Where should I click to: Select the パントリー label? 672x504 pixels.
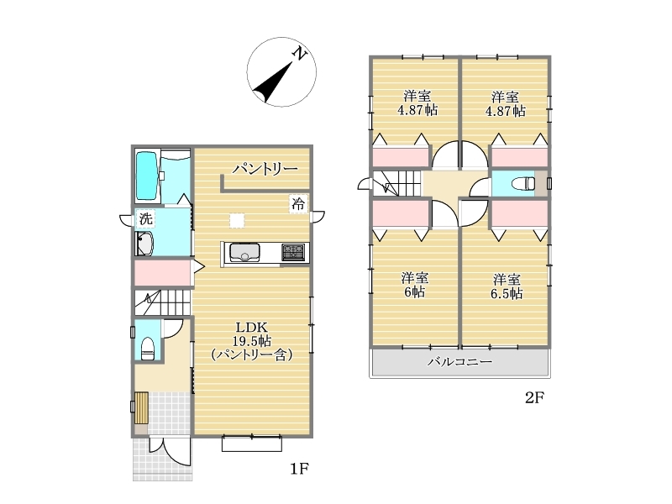click(265, 169)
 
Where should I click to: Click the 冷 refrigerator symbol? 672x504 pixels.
click(298, 203)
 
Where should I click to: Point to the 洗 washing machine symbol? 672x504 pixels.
click(145, 218)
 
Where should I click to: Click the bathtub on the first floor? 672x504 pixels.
click(147, 176)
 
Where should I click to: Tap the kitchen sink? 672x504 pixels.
click(244, 252)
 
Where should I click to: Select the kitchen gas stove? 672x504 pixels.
click(293, 251)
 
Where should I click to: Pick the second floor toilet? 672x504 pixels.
click(523, 183)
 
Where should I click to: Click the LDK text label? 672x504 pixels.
click(252, 328)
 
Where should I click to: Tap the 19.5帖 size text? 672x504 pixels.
click(251, 341)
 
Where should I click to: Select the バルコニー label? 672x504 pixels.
click(459, 362)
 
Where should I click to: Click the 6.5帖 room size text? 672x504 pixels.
click(507, 294)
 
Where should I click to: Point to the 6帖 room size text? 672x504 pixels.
click(414, 291)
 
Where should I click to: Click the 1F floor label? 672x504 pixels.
click(300, 469)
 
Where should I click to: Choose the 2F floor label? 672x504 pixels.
click(534, 397)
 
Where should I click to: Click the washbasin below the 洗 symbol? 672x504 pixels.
click(144, 244)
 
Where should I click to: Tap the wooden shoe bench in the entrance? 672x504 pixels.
click(141, 407)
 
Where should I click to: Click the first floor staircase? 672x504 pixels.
click(163, 302)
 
